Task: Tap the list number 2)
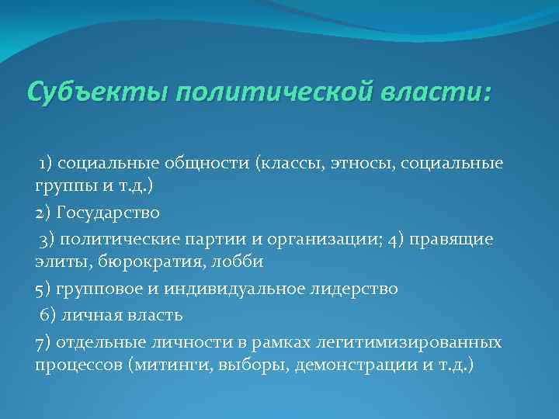pyautogui.click(x=43, y=213)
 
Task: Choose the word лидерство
pyautogui.click(x=354, y=289)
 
